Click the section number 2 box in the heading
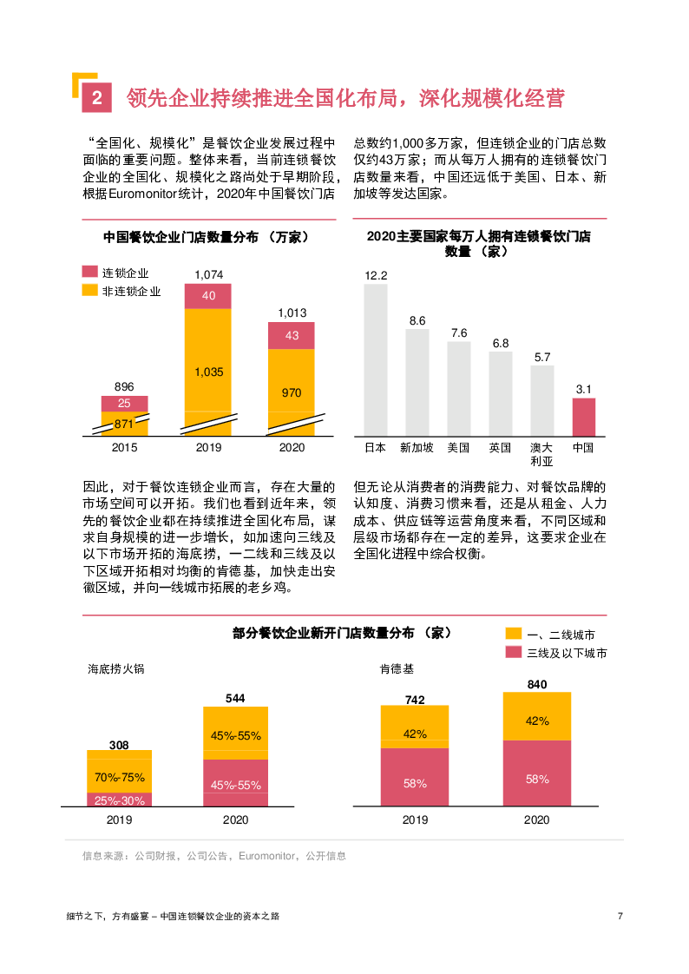tap(96, 99)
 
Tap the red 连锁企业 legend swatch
tap(89, 272)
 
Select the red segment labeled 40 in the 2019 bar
tap(208, 296)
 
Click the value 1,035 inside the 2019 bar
tap(208, 372)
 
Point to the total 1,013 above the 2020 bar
tap(292, 313)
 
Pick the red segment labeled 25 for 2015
tap(124, 404)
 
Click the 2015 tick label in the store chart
tap(124, 448)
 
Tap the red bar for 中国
tap(583, 417)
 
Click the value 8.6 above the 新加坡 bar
tap(417, 321)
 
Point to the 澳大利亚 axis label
tap(541, 454)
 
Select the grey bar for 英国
tap(501, 393)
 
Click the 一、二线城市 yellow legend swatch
tap(513, 634)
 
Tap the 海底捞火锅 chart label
tap(115, 669)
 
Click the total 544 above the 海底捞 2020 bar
tap(235, 698)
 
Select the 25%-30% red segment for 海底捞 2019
tap(120, 800)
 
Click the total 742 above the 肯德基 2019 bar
tap(415, 700)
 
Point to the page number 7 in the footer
tap(620, 916)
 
